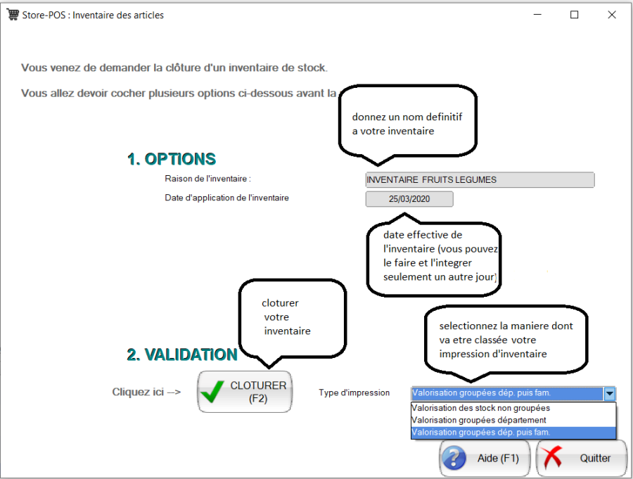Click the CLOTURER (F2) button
tap(244, 392)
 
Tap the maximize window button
tap(574, 15)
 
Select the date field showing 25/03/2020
tap(409, 199)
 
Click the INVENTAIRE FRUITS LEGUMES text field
tap(480, 180)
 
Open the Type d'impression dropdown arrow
tap(610, 393)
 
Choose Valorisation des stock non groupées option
tap(481, 408)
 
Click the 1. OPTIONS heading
tap(172, 159)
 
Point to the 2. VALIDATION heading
tap(181, 355)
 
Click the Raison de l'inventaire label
tap(207, 179)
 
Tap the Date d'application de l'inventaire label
tap(226, 198)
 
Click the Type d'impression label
tap(354, 392)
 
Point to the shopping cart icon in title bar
tap(13, 15)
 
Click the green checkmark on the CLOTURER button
tap(212, 392)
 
